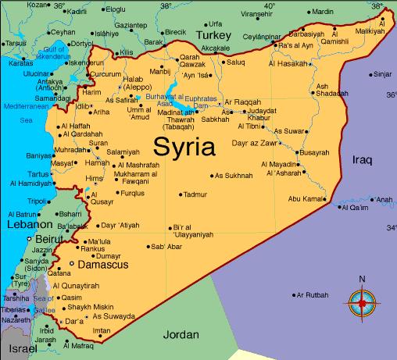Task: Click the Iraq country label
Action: pyautogui.click(x=363, y=159)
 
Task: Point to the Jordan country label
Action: pyautogui.click(x=181, y=335)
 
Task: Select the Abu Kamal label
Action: pyautogui.click(x=306, y=199)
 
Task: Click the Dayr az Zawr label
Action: pyautogui.click(x=256, y=144)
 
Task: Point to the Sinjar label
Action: pyautogui.click(x=381, y=74)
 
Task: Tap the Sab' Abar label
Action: pyautogui.click(x=166, y=248)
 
